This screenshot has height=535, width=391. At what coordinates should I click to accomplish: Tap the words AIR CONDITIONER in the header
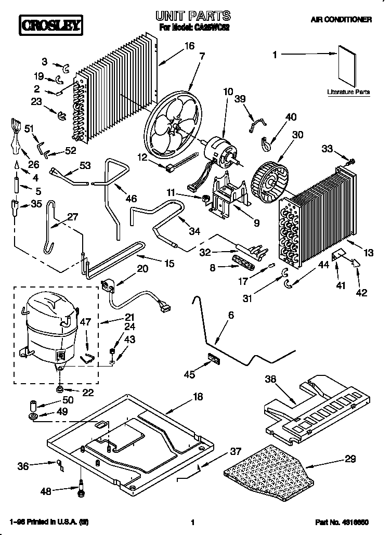[x=341, y=20]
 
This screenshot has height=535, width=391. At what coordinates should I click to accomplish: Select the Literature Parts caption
[x=348, y=92]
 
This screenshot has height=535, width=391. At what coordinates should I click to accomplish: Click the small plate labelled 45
[x=213, y=358]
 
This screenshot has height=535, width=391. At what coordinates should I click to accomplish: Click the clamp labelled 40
[x=265, y=140]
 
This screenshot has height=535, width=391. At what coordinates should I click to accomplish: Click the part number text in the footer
[x=342, y=521]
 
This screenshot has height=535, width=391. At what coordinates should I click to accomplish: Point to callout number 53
[x=85, y=166]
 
